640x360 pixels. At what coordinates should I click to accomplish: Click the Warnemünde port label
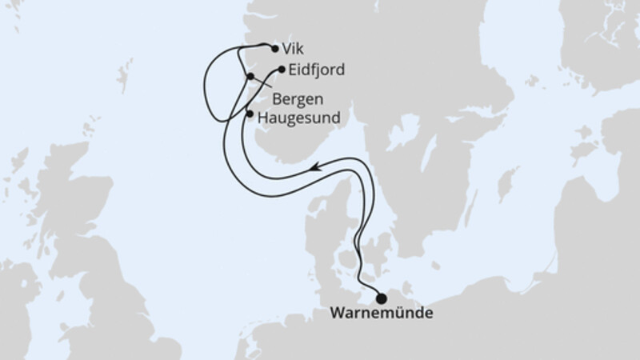pos(382,314)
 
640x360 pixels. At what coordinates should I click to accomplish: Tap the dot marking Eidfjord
pos(281,70)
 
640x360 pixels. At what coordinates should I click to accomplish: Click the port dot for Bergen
pos(250,77)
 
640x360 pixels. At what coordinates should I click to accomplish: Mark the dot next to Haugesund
pos(250,114)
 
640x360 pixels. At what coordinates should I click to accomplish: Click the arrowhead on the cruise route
pos(317,167)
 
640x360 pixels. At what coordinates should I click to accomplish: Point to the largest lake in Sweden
pos(404,128)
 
